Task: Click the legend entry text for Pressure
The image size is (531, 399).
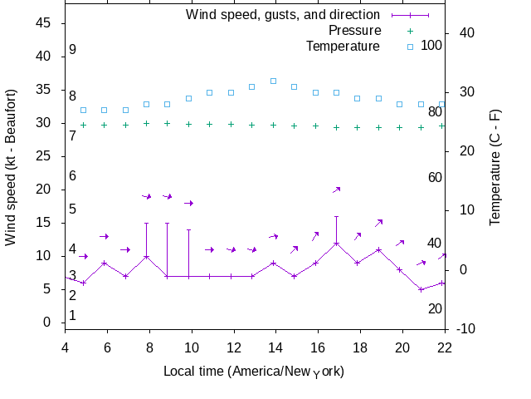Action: click(354, 31)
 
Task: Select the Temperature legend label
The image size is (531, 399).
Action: click(343, 46)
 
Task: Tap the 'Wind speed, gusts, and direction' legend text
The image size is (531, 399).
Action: click(283, 15)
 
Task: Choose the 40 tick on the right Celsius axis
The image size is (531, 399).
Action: click(466, 32)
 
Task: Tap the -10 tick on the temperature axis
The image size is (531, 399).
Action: click(465, 328)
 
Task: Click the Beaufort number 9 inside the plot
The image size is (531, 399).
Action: click(73, 50)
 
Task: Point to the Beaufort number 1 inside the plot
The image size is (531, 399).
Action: click(73, 316)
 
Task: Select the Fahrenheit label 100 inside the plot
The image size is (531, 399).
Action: click(431, 45)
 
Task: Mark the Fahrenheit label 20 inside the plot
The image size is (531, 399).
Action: click(435, 309)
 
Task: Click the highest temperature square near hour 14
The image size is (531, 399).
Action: click(273, 81)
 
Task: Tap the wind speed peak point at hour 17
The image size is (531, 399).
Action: click(336, 244)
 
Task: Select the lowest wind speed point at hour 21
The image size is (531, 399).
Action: click(421, 289)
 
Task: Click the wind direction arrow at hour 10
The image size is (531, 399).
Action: click(188, 203)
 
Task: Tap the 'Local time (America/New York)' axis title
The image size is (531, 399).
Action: click(254, 371)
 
